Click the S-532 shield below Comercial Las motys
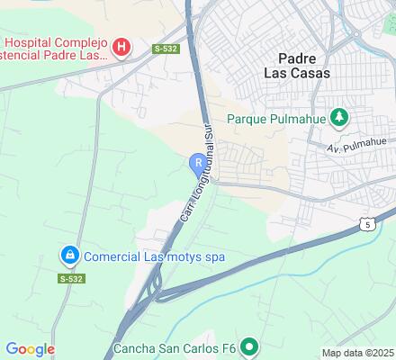point(71,279)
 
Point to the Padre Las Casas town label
point(298,64)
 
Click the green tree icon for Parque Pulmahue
point(339,117)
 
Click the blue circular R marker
point(197,162)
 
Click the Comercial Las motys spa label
point(154,256)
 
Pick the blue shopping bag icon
point(69,256)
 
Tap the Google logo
point(30,349)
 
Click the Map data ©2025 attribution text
point(358,353)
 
